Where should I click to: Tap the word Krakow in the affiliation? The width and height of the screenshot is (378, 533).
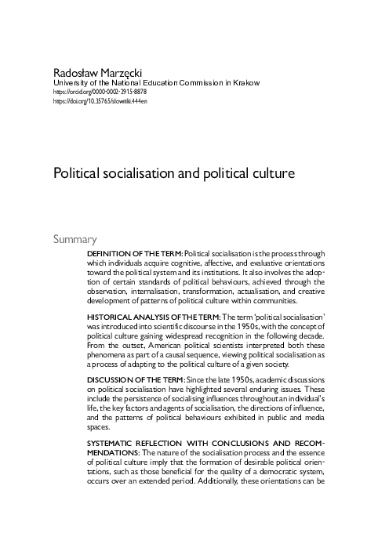click(x=244, y=82)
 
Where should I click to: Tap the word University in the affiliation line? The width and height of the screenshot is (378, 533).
click(x=68, y=82)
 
